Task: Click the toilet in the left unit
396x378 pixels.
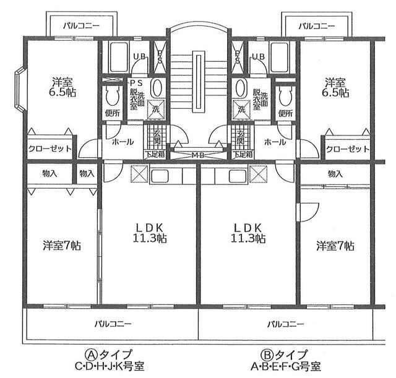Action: tap(113, 97)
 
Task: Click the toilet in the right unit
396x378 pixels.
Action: tap(285, 97)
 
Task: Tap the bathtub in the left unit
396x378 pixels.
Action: tap(119, 58)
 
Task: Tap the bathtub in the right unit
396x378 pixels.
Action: tap(279, 58)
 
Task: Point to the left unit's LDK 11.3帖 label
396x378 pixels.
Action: tap(150, 233)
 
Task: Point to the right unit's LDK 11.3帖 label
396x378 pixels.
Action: tap(248, 233)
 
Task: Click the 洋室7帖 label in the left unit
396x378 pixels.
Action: tap(62, 245)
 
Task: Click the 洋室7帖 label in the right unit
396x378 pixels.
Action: tap(335, 246)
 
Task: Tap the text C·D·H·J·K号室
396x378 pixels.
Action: tap(110, 366)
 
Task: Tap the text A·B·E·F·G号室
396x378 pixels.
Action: tap(286, 366)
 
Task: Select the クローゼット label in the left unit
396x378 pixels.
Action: tap(50, 148)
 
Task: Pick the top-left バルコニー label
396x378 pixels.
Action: tap(81, 25)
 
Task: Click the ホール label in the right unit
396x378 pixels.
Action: tap(275, 142)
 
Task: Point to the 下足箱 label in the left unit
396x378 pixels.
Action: tap(155, 154)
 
